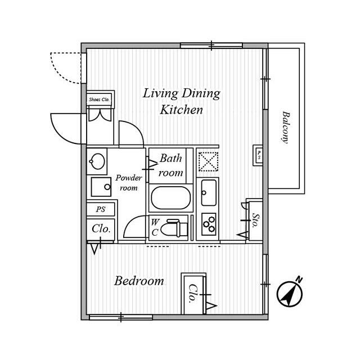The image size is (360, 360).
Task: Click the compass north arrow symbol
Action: pos(290,294)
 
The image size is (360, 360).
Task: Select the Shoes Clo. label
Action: pos(99,100)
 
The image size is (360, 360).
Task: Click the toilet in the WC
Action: pos(174,228)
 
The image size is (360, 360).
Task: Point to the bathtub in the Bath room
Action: pos(171,198)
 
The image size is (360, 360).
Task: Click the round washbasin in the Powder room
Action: pos(97,161)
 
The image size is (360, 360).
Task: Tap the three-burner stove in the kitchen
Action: pos(209,224)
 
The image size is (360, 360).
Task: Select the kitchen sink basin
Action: pos(209,193)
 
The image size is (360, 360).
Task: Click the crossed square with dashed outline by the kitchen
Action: pos(208,161)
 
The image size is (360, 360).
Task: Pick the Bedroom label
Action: pos(139,281)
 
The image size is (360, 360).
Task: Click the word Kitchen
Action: pos(181,110)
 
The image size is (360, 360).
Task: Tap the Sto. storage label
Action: pos(255,220)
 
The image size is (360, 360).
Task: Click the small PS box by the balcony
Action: pos(258,155)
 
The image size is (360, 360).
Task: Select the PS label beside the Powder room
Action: pos(101,209)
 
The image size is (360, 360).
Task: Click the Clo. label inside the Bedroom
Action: pos(193,294)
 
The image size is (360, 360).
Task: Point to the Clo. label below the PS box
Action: pos(101,229)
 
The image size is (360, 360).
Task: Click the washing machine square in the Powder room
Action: pos(101,187)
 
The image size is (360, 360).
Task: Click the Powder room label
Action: pos(129,183)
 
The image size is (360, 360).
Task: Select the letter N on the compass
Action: pos(299,280)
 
